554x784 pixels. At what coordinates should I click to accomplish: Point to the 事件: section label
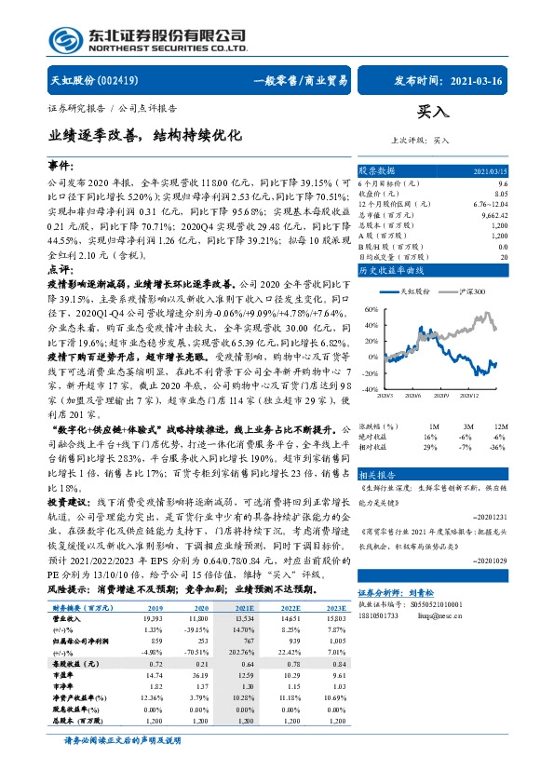(60, 164)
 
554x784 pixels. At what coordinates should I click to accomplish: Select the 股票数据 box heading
(377, 171)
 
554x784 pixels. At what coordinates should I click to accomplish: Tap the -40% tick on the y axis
(371, 389)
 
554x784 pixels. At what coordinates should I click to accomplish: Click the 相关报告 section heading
(377, 474)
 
